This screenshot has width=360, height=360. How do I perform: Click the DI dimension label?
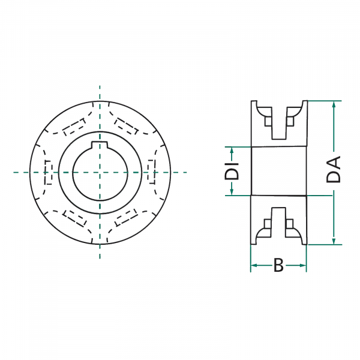point(231,170)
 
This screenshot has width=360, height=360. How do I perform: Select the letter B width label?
point(278,265)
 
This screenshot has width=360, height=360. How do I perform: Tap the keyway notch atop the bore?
point(100,144)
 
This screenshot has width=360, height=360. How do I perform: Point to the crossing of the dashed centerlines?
point(100,172)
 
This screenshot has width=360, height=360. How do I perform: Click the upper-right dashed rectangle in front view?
point(125,127)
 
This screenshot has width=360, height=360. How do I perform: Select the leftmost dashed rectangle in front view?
point(47,172)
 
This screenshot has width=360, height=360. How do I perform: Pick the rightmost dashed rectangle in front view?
point(151,172)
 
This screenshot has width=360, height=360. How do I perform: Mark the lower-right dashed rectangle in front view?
point(125,217)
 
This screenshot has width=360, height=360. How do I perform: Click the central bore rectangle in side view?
point(278,171)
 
